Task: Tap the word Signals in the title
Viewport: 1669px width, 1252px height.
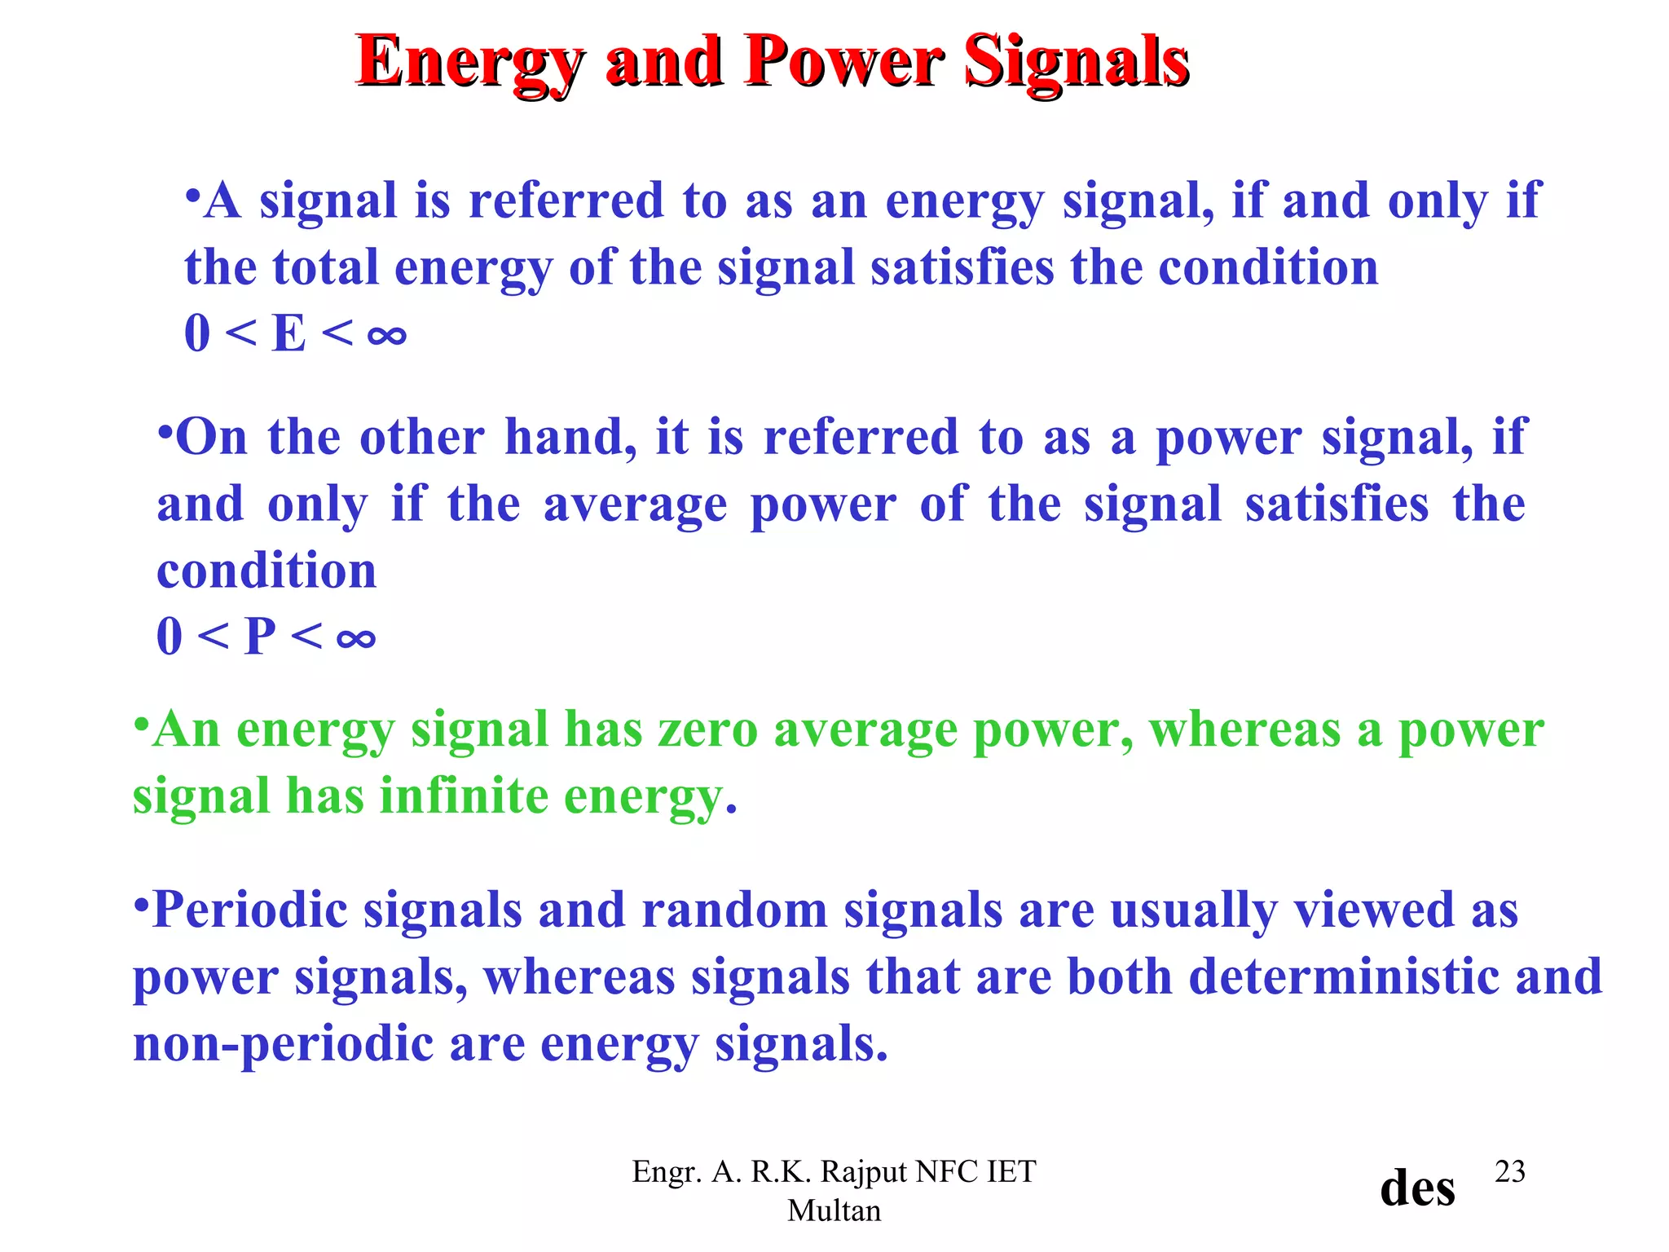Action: click(1077, 62)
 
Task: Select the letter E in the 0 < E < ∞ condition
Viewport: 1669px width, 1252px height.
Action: click(288, 333)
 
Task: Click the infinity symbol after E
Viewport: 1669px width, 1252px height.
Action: click(386, 335)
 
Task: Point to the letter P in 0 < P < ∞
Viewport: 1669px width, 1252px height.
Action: click(260, 637)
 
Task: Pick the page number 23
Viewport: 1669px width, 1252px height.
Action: click(1509, 1171)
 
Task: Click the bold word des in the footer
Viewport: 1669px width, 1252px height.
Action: click(1417, 1188)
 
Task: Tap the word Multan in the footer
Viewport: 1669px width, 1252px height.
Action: click(834, 1210)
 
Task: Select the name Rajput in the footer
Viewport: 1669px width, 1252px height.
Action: click(864, 1171)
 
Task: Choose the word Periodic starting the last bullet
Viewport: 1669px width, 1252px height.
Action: click(249, 910)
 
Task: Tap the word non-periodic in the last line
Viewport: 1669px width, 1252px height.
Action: click(284, 1044)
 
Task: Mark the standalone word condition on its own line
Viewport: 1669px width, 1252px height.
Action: click(266, 571)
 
